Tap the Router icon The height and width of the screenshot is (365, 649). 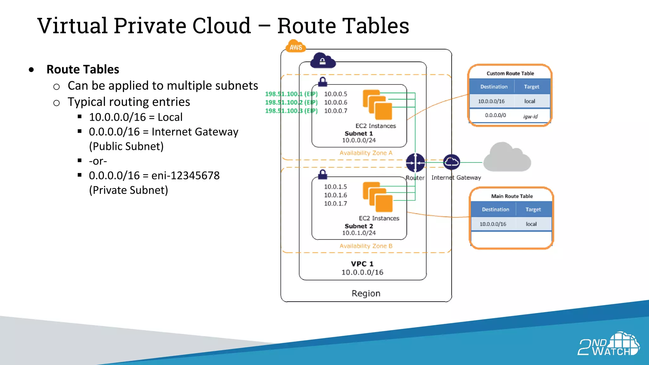coord(415,163)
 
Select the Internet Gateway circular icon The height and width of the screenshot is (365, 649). coord(451,162)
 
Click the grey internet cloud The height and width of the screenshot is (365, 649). coord(507,158)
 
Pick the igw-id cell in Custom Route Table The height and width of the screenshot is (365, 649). coord(530,116)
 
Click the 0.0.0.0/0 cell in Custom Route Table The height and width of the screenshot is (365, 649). coord(495,115)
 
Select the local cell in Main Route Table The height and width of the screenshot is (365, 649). coord(531,224)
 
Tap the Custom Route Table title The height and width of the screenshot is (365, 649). coord(510,74)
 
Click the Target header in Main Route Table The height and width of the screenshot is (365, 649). coord(533,209)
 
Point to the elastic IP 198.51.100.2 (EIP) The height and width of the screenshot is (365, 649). coord(291,102)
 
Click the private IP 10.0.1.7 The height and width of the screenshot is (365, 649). coord(335,203)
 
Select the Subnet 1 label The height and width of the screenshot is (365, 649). coord(359,134)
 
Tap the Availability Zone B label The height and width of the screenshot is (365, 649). coord(366,246)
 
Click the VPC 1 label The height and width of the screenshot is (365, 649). coord(362,264)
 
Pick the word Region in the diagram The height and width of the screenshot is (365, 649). coord(366,293)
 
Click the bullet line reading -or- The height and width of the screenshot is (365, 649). coord(98,161)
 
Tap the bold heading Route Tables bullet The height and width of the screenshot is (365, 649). coord(83,69)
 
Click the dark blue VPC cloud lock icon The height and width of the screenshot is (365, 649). coord(323,61)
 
